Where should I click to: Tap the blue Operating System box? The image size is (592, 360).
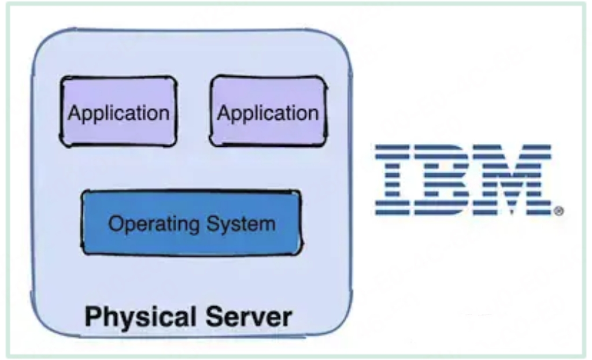(x=191, y=222)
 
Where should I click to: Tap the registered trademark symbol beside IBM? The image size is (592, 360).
(x=558, y=212)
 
